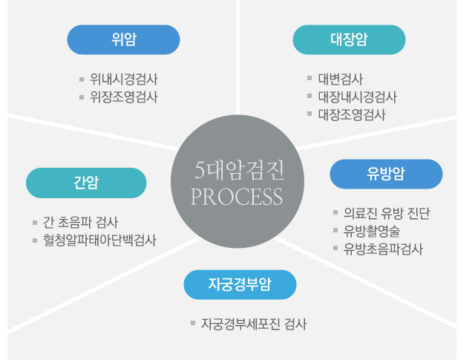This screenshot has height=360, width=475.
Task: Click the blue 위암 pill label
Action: point(123,39)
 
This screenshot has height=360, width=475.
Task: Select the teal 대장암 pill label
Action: point(349,39)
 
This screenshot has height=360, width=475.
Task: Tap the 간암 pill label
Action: point(86,183)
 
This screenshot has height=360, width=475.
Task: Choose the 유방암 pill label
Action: point(386,174)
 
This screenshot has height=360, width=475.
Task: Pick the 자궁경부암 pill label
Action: point(240,285)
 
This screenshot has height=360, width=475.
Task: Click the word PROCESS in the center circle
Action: point(237,197)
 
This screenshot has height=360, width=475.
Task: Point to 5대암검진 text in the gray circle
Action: point(239,171)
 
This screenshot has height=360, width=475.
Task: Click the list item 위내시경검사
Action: point(124,79)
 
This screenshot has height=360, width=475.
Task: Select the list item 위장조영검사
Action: point(124,97)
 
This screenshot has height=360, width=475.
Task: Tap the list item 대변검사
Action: point(341,79)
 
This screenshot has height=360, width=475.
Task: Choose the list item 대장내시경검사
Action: point(358,97)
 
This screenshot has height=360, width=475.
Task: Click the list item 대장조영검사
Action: point(352,115)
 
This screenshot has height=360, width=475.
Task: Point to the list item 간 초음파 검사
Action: point(80,223)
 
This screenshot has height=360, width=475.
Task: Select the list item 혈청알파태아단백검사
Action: point(99,240)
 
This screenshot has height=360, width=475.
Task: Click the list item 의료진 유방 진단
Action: point(387,214)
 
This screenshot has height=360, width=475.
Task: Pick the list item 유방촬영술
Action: point(372,232)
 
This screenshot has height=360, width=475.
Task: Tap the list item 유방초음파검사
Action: point(383,249)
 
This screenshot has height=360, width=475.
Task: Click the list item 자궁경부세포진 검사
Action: point(254,324)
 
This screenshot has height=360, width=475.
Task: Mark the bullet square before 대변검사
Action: point(309,78)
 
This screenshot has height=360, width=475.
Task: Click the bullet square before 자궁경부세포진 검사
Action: point(193,323)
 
